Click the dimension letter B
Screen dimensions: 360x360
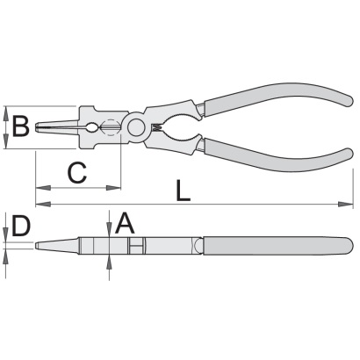pyautogui.click(x=20, y=126)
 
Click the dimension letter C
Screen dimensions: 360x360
pyautogui.click(x=77, y=172)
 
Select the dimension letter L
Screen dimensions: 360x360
pyautogui.click(x=184, y=191)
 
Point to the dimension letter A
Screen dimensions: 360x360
pyautogui.click(x=125, y=223)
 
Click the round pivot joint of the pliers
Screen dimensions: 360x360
pyautogui.click(x=136, y=127)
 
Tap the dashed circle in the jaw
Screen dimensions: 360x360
pyautogui.click(x=110, y=127)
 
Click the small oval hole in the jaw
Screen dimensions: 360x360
pyautogui.click(x=92, y=127)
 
